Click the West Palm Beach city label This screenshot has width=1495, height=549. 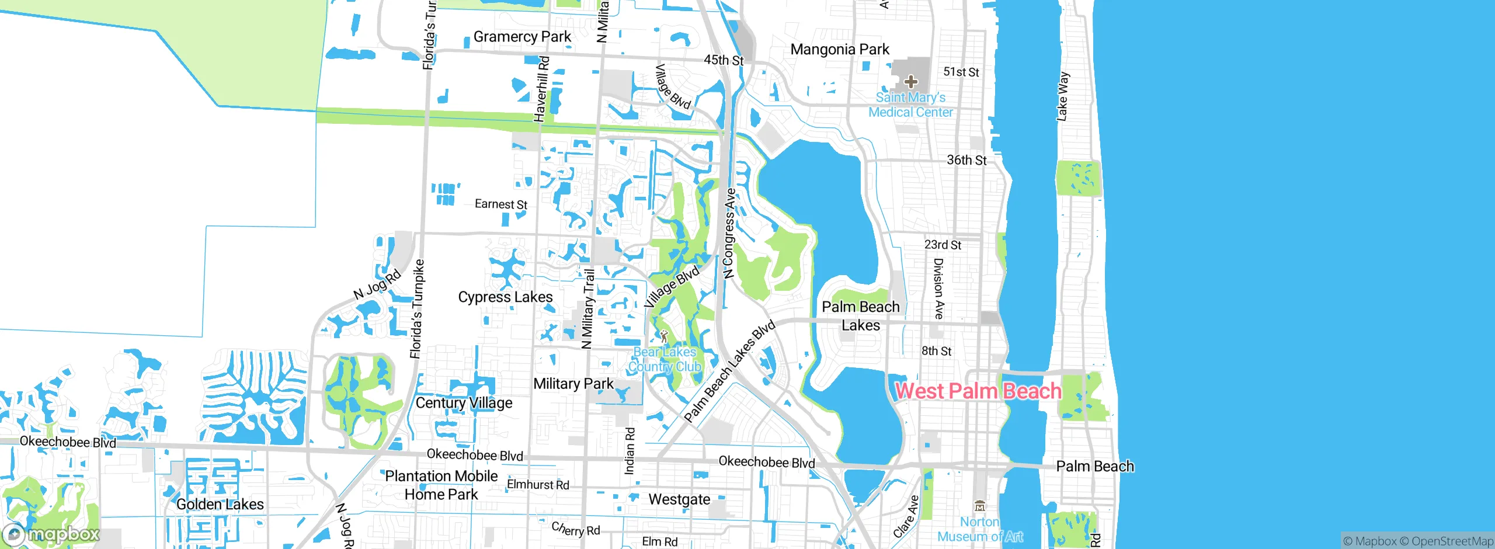(x=978, y=391)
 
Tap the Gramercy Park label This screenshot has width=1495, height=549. (x=522, y=37)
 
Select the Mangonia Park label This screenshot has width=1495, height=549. (x=840, y=50)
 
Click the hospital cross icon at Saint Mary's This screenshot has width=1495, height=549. (x=910, y=82)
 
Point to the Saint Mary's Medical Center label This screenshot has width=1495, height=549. (x=910, y=105)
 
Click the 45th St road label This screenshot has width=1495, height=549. (x=724, y=60)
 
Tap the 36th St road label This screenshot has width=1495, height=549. (x=966, y=160)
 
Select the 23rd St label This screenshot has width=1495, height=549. (x=943, y=245)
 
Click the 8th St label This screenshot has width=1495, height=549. (x=936, y=351)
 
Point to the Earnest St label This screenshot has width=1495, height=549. (x=500, y=204)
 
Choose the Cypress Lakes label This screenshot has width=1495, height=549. (x=505, y=297)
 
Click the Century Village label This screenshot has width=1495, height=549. (x=464, y=403)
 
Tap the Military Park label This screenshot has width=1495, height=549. (x=573, y=384)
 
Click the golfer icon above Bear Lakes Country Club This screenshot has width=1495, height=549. (x=664, y=336)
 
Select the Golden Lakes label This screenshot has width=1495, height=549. (x=220, y=505)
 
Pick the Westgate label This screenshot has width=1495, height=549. (x=679, y=500)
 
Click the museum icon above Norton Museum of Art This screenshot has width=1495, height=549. (x=980, y=506)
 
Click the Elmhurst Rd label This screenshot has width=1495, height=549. (x=538, y=485)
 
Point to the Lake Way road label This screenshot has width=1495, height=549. (x=1063, y=96)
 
